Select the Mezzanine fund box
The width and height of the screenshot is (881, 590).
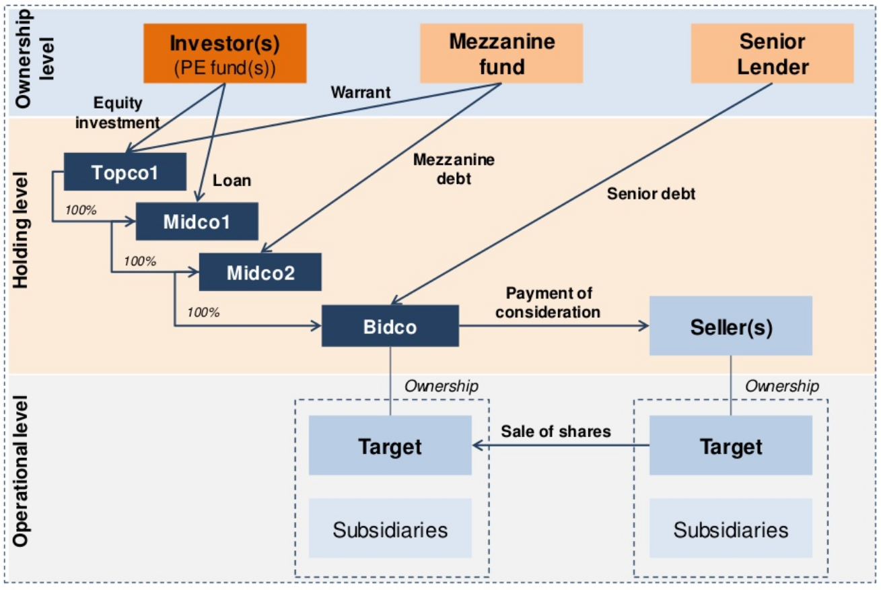tap(502, 53)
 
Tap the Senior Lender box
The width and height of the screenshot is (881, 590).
tap(772, 53)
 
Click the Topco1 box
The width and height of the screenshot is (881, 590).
tap(125, 172)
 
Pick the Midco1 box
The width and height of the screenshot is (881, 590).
tap(197, 221)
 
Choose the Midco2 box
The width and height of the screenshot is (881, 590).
tap(260, 272)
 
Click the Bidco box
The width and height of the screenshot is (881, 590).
tap(390, 326)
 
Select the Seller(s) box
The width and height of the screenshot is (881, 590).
tap(731, 326)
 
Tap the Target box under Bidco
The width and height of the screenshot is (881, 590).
tap(390, 445)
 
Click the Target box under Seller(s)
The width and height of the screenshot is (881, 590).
tap(731, 445)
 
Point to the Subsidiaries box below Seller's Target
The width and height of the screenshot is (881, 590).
tap(731, 529)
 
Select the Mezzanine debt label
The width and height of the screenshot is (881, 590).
tap(454, 168)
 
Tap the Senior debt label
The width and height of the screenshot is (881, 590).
tap(651, 194)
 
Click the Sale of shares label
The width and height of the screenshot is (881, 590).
tap(556, 431)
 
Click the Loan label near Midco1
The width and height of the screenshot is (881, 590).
tap(232, 181)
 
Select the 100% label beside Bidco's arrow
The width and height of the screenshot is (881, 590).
tap(203, 312)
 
